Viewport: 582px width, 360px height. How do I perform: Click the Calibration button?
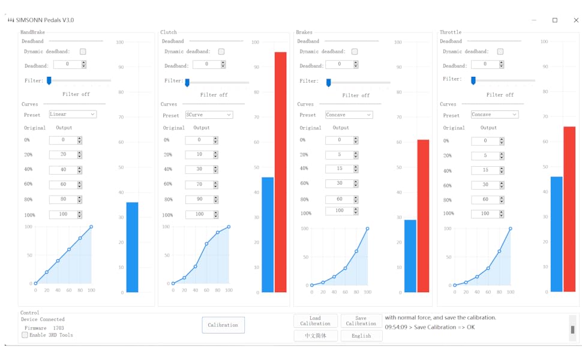[x=223, y=325]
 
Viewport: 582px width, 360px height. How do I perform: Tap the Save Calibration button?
[x=361, y=321]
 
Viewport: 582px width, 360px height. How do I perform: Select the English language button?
[x=361, y=336]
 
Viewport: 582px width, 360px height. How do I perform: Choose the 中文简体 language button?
[x=316, y=336]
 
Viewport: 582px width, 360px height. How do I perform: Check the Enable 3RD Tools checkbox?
[x=25, y=335]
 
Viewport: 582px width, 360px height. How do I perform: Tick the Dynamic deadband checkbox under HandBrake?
[x=83, y=52]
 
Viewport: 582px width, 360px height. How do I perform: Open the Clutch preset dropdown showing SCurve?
[x=209, y=115]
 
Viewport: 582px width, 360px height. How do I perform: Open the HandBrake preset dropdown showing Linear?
[x=73, y=114]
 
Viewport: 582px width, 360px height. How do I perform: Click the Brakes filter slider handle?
[x=328, y=82]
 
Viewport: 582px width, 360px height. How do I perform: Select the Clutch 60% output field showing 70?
[x=199, y=184]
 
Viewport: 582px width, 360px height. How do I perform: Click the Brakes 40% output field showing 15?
[x=339, y=169]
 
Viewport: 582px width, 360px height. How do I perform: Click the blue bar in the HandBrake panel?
[x=132, y=247]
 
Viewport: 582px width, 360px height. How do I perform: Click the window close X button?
[x=575, y=20]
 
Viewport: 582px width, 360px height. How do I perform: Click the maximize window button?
[x=555, y=20]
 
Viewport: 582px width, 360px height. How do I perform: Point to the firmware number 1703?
[x=58, y=328]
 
